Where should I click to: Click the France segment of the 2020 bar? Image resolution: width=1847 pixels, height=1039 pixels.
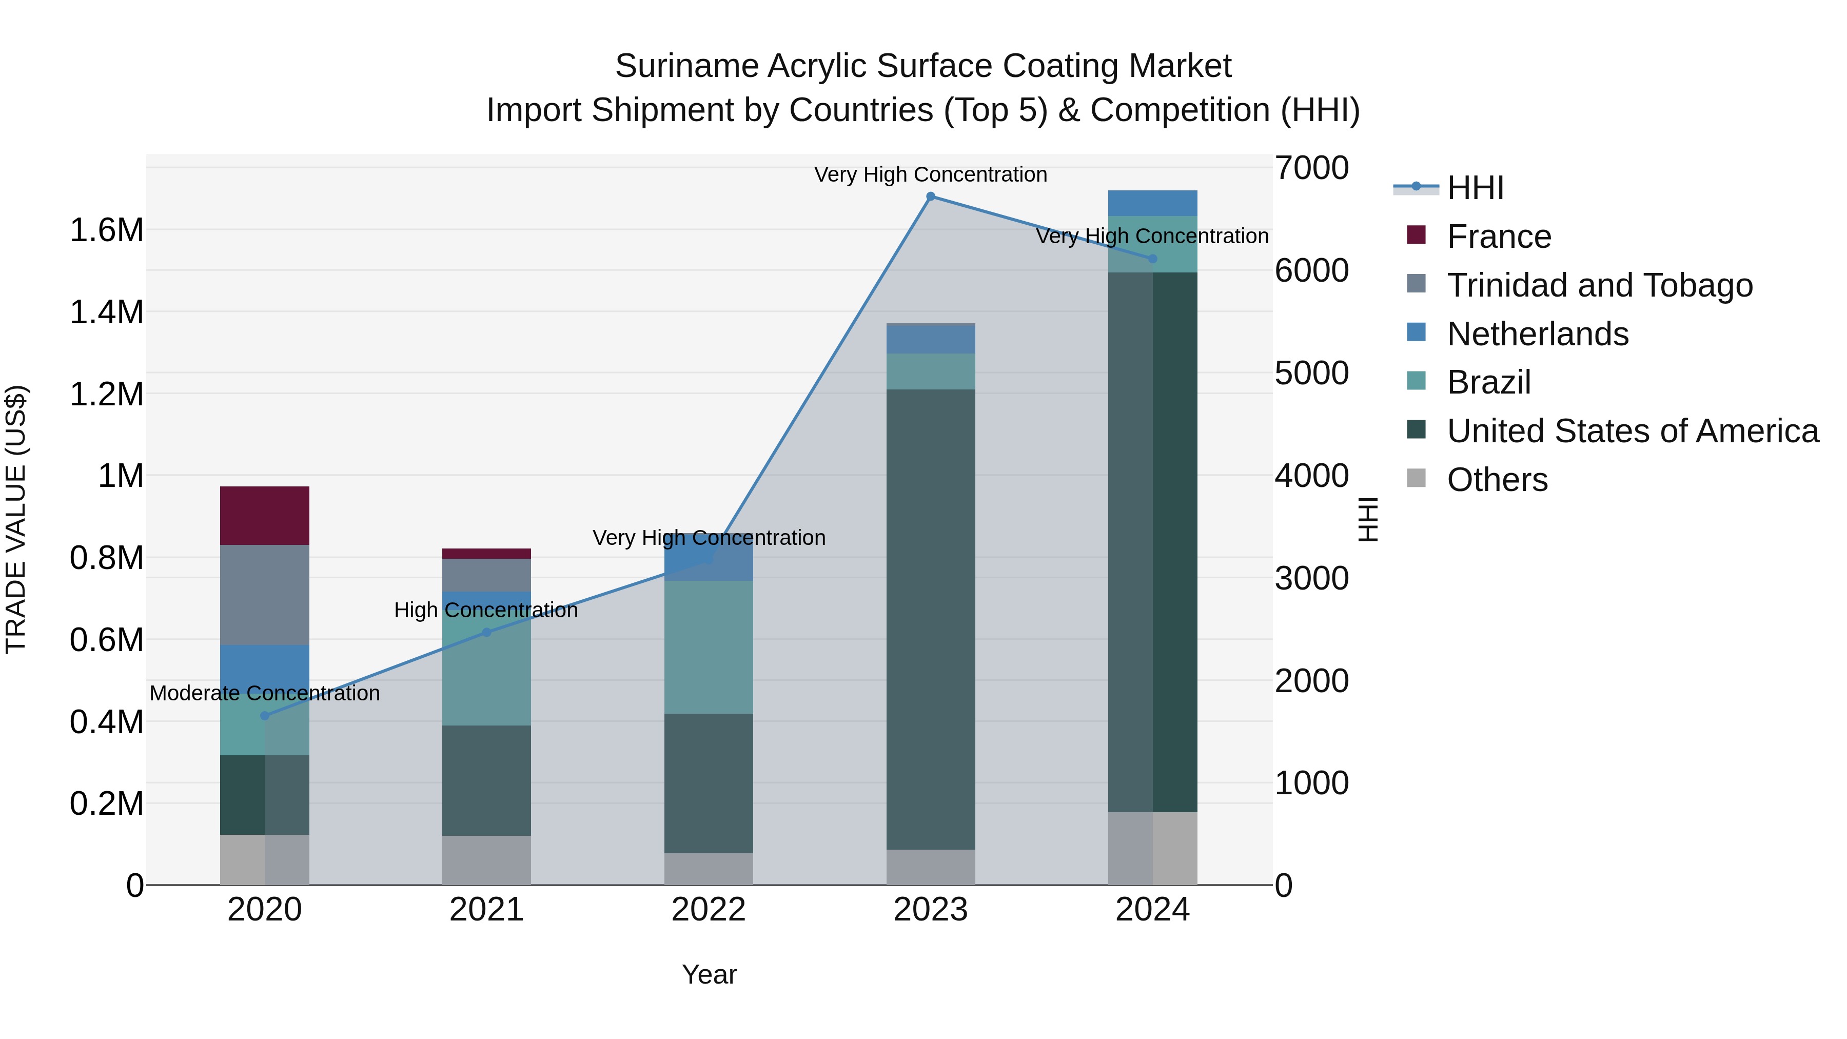265,516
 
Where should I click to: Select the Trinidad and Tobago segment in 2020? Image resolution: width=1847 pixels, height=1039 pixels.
265,595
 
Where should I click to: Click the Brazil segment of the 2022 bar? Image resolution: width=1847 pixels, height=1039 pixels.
709,647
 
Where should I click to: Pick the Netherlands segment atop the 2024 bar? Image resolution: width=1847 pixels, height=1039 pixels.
1152,203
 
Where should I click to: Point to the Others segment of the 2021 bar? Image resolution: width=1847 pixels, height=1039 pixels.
486,860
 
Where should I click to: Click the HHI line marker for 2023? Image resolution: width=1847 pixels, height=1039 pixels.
931,197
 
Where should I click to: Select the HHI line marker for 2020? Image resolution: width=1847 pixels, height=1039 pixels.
265,716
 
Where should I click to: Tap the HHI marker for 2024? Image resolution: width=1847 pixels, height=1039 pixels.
1152,259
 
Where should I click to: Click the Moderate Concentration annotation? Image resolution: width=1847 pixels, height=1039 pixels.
265,693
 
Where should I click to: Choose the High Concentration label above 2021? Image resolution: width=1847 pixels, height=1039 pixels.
486,610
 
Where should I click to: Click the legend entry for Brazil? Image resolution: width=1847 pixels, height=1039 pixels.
1488,382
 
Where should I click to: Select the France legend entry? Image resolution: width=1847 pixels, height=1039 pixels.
1499,237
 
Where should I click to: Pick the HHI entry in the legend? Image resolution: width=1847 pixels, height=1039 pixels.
1475,188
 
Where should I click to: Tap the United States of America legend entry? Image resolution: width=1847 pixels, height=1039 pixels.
1633,431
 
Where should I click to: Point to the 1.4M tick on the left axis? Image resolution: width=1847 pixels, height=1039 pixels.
106,312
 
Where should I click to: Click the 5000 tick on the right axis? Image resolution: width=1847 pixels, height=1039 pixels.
1311,373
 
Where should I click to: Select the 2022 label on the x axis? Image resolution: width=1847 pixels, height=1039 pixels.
709,910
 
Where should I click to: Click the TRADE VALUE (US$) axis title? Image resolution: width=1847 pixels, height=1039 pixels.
16,519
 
